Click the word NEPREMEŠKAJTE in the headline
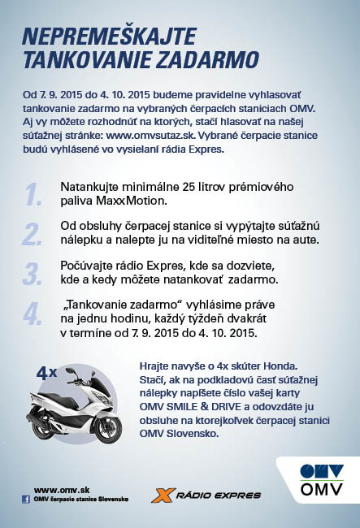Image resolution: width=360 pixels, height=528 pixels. [109, 37]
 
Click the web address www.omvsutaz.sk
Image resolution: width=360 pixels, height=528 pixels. [150, 136]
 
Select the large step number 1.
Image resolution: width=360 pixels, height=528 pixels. [33, 194]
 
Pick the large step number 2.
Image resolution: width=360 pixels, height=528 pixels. [33, 233]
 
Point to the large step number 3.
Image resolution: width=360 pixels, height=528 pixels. [33, 274]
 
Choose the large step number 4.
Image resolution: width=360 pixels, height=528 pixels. [33, 314]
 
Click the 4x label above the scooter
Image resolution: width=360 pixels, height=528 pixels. [46, 374]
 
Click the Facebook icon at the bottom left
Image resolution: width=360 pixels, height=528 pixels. [26, 500]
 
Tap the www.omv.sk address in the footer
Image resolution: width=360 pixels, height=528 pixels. [62, 491]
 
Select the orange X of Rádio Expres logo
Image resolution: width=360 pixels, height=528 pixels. [163, 496]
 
